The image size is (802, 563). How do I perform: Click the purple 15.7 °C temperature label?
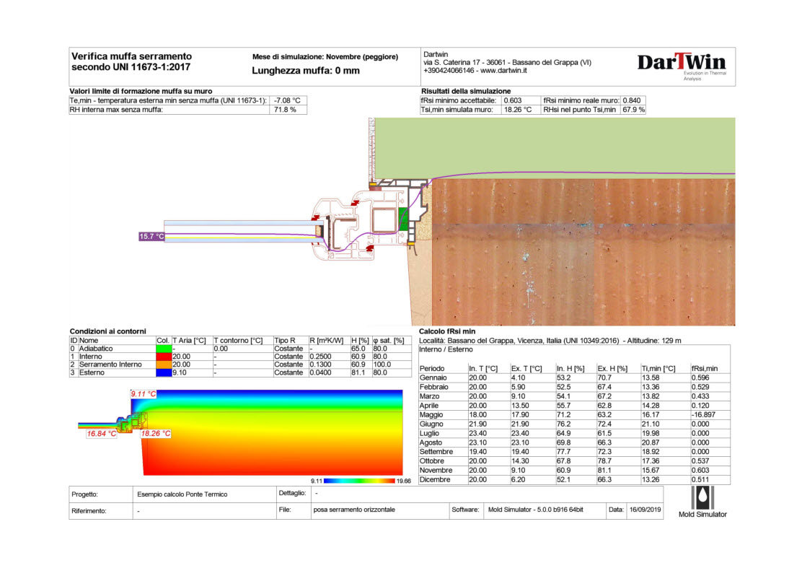[151, 236]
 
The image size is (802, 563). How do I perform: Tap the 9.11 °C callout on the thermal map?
[142, 393]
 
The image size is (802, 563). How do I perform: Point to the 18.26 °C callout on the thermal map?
[156, 434]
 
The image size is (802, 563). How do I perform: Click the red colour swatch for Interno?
[162, 356]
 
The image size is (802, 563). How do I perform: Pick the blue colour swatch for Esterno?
[162, 372]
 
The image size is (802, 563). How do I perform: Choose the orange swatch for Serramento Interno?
[162, 365]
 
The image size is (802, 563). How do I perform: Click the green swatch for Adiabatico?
[162, 348]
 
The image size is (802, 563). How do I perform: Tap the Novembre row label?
[436, 470]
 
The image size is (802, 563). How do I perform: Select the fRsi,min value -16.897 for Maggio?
[703, 415]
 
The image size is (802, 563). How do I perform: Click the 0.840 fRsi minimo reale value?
[634, 100]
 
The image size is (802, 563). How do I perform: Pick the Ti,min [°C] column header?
[658, 368]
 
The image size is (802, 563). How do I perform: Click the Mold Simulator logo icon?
[702, 498]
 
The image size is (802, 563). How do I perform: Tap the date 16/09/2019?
[645, 510]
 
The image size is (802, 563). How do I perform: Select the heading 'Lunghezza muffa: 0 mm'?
[305, 71]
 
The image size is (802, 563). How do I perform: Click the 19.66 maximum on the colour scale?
[404, 480]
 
